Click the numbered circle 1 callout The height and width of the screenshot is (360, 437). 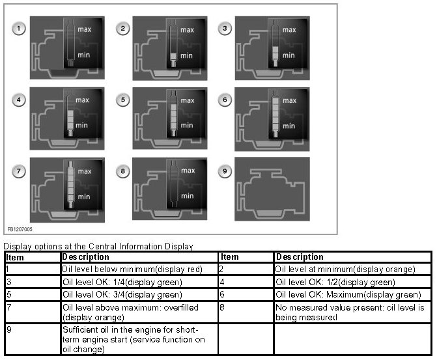tap(19, 29)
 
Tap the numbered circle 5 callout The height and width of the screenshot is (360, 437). tap(122, 100)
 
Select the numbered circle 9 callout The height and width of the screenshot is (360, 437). tap(225, 171)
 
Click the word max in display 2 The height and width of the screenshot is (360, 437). tap(187, 30)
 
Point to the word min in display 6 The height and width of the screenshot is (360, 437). tap(289, 126)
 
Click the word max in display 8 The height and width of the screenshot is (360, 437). tap(188, 171)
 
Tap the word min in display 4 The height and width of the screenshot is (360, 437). tap(81, 126)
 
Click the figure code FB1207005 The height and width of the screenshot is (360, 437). tap(20, 229)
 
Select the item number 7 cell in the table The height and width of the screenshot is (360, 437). tap(33, 312)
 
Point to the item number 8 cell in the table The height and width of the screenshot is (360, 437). tap(246, 312)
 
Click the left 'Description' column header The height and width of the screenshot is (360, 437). tap(85, 257)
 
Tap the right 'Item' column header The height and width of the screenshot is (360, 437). tap(229, 257)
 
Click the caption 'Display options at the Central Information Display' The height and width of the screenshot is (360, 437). tap(98, 246)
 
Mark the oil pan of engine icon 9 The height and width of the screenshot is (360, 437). tap(270, 214)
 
